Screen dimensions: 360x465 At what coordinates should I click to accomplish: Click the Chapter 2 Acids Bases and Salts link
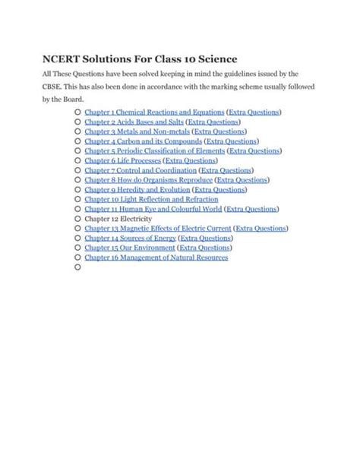134,122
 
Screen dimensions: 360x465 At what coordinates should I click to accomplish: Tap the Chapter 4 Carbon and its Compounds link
143,141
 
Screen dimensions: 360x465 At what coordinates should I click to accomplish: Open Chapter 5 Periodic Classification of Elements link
154,151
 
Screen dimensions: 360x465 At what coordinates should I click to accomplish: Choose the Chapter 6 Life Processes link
122,161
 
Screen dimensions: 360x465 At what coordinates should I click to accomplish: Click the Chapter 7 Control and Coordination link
140,171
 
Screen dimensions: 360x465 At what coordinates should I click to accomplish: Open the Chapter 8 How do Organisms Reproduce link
148,180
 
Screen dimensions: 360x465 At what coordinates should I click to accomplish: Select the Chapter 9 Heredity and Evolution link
137,190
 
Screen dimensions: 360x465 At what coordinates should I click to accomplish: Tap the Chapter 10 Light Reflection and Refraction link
141,199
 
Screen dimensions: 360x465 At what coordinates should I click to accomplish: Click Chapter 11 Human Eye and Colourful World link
153,209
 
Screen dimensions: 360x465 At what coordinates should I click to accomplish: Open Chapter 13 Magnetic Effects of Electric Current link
157,228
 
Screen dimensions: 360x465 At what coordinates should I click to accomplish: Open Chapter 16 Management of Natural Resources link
156,258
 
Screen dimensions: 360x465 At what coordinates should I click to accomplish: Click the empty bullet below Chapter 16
77,267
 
